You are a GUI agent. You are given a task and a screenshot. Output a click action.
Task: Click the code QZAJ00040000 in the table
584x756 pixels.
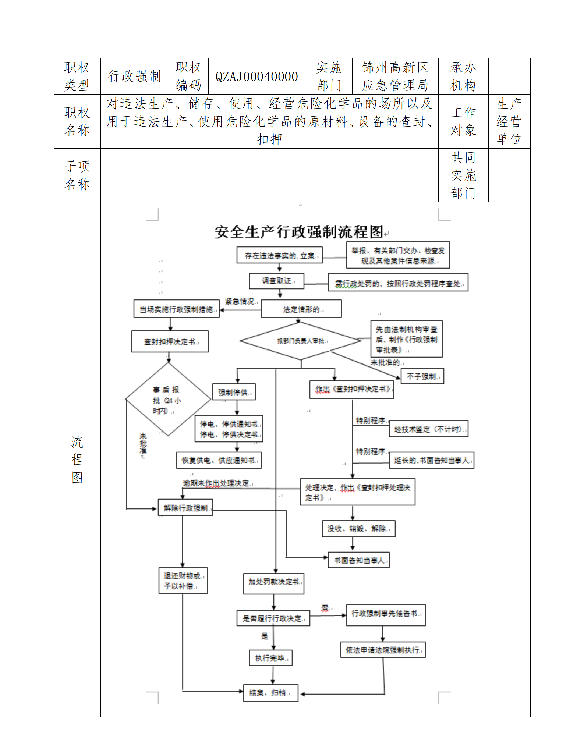(256, 77)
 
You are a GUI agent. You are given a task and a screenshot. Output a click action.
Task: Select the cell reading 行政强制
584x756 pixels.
(135, 77)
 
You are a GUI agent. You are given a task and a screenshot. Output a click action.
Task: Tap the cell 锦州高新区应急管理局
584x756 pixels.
(395, 77)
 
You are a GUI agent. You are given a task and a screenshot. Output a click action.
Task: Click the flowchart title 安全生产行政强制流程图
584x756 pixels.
(299, 232)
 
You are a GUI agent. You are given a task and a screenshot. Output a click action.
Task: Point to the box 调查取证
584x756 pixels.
(277, 281)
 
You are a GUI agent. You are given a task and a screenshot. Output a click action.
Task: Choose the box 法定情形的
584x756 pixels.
(301, 309)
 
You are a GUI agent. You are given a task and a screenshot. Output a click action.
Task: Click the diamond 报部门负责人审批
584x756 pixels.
(300, 341)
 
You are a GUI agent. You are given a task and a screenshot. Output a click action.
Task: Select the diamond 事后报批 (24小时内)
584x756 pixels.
(168, 400)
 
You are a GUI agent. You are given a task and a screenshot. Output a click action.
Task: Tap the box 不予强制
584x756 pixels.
(422, 376)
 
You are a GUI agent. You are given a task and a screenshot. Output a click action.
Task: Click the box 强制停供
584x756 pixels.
(234, 392)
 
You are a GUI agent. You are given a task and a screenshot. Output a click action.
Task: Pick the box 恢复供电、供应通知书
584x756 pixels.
(219, 460)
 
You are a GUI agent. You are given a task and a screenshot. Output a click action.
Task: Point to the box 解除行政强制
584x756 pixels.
(185, 508)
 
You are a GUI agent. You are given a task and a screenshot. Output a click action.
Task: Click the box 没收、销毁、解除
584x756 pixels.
(358, 529)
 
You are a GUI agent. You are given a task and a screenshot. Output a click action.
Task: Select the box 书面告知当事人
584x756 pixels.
(358, 560)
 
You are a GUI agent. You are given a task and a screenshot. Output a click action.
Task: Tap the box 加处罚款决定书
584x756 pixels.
(273, 582)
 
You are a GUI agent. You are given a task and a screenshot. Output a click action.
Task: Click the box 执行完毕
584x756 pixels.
(271, 658)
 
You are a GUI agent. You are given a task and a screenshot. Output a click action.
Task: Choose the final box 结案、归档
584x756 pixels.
(270, 693)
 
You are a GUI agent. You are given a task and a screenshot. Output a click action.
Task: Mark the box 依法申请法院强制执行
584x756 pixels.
(383, 650)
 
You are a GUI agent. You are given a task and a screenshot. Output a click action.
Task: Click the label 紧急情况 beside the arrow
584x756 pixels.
(240, 301)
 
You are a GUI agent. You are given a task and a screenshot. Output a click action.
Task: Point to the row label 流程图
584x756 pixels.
(77, 459)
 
